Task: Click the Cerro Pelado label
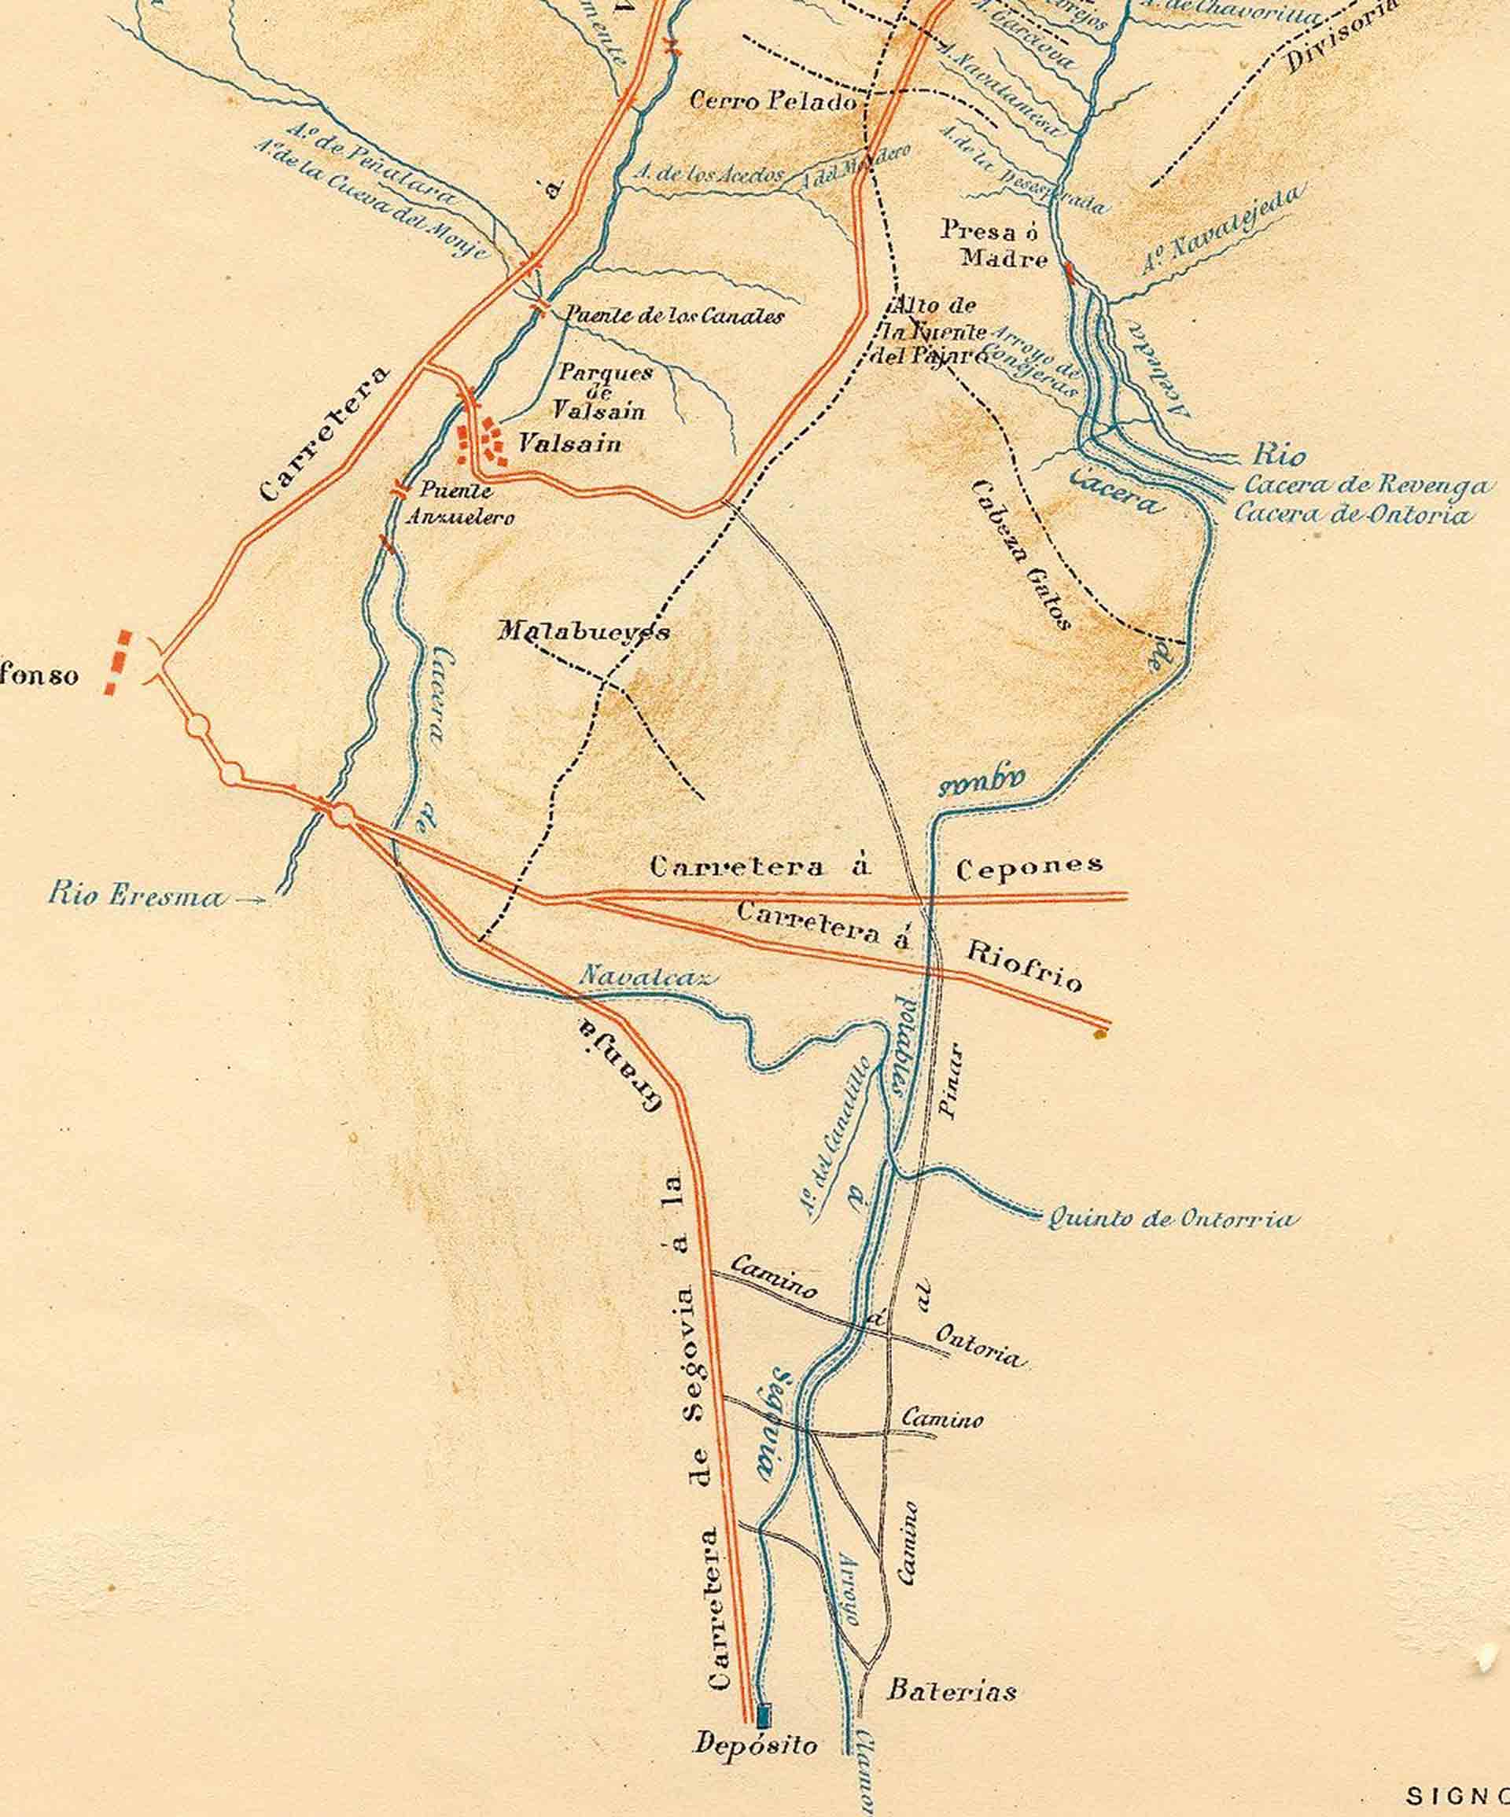click(x=772, y=101)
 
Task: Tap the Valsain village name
click(x=570, y=444)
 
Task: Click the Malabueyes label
click(x=584, y=631)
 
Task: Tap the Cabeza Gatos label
click(x=1023, y=553)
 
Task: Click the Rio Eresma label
click(x=136, y=896)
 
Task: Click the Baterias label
click(x=951, y=1690)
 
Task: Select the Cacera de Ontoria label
click(x=1352, y=514)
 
